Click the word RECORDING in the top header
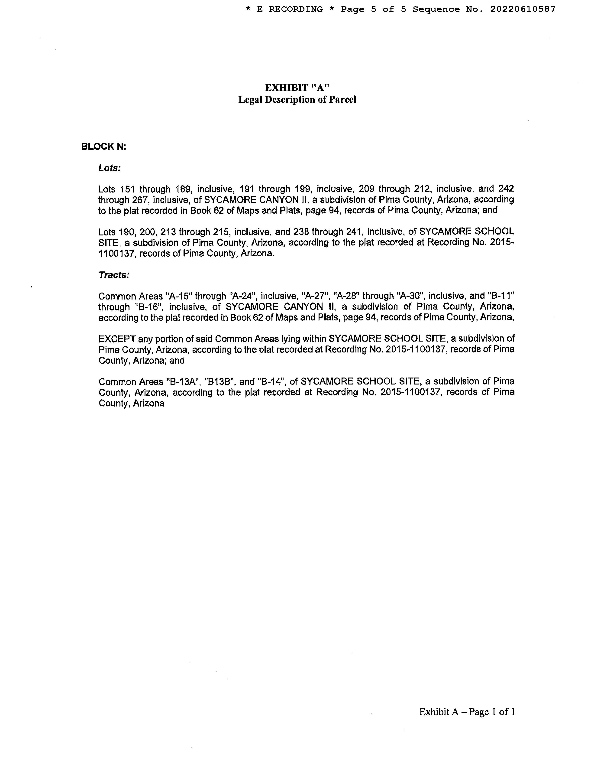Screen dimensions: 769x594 pos(296,9)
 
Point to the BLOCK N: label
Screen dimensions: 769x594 pos(103,147)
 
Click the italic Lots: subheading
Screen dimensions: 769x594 pos(109,168)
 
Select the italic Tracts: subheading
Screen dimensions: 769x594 pos(114,275)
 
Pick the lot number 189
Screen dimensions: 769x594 pos(183,189)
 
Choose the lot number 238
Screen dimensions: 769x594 pos(301,232)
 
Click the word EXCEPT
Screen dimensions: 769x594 pos(117,339)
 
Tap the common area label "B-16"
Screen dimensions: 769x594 pos(149,307)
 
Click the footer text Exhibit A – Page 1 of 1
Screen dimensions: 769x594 pos(467,712)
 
